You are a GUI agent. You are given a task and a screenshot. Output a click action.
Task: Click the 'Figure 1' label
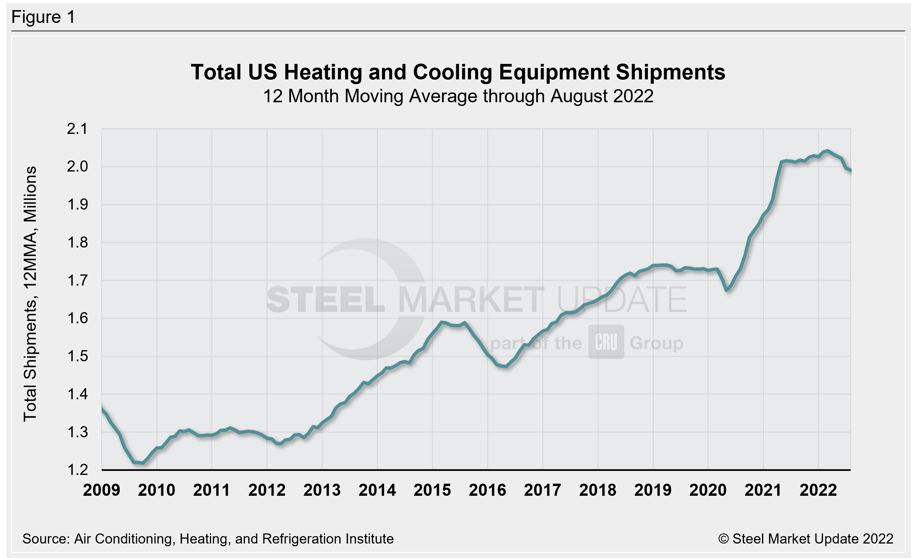tap(43, 17)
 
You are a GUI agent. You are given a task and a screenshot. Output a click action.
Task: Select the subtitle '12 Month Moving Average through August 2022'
tap(458, 96)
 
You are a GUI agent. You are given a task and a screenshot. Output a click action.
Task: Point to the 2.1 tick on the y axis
tap(77, 129)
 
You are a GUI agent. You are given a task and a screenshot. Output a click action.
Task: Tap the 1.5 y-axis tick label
tap(77, 356)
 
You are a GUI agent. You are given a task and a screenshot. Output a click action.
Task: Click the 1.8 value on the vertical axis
tap(77, 243)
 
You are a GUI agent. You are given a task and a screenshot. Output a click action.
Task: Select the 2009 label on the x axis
tap(101, 490)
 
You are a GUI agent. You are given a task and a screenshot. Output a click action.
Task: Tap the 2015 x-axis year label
tap(432, 490)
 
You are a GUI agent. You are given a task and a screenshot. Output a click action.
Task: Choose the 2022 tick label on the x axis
tap(818, 490)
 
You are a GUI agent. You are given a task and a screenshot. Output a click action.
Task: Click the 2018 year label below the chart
tap(597, 490)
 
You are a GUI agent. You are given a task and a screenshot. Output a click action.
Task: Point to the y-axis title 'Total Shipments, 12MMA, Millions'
tap(30, 294)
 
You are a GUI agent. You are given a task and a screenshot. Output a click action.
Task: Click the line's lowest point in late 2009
tap(143, 463)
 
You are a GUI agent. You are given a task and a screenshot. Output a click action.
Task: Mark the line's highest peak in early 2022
tap(828, 151)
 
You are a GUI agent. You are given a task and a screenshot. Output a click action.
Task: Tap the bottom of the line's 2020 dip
tap(727, 290)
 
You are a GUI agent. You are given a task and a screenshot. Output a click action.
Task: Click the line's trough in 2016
tap(505, 366)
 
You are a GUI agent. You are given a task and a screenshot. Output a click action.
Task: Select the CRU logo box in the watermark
tap(606, 342)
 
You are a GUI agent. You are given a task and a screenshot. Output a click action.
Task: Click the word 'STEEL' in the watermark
tap(325, 300)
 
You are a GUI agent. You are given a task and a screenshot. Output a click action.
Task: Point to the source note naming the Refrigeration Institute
tap(208, 539)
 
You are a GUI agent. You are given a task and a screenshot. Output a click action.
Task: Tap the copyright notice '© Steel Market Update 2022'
tap(805, 539)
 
